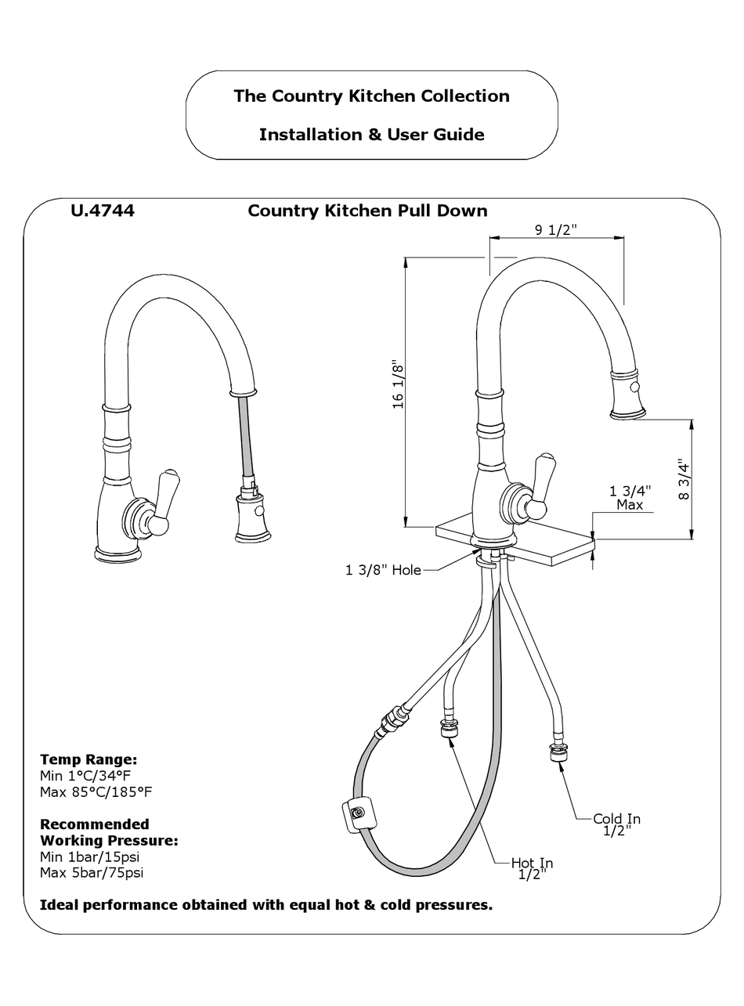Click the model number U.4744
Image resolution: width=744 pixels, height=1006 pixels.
[102, 211]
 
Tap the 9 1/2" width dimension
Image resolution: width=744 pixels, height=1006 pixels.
[556, 229]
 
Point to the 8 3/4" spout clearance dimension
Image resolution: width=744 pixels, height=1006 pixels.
[684, 479]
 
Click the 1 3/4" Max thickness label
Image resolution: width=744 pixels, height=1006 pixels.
[630, 498]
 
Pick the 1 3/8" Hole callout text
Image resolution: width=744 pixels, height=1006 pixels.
[383, 570]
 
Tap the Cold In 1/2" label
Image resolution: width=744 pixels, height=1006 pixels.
[616, 824]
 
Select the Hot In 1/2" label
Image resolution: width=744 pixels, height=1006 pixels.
[532, 868]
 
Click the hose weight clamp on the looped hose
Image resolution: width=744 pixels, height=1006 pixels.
[357, 814]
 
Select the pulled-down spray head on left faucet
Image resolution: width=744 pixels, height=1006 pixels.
[250, 517]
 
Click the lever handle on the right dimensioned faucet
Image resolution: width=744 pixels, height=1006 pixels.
[540, 485]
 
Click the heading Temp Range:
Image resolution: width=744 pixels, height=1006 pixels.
[88, 759]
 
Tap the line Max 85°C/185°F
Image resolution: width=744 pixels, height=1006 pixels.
[96, 792]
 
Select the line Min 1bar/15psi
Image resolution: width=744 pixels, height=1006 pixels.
[89, 856]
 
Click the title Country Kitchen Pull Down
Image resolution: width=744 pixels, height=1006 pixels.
[367, 211]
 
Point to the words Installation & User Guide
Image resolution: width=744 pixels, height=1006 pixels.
[371, 135]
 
